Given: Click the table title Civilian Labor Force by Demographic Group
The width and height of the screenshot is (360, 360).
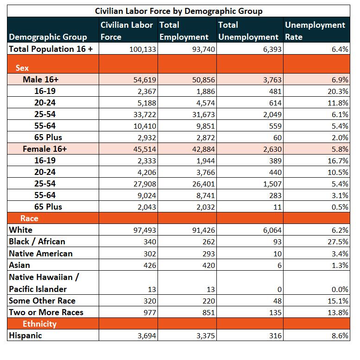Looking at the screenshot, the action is tap(179, 11).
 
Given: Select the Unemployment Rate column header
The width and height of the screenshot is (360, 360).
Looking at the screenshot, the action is tap(315, 31).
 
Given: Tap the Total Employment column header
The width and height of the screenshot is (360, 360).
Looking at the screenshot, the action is tap(183, 31).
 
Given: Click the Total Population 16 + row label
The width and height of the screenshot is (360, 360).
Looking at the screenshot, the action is tap(51, 49).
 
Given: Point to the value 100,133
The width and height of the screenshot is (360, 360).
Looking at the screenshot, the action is tap(143, 49).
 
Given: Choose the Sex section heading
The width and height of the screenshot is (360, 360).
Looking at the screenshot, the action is tap(22, 68).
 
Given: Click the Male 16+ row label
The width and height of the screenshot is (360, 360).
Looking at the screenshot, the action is tap(41, 80).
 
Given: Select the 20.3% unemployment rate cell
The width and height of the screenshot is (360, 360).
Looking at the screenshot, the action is tap(338, 91).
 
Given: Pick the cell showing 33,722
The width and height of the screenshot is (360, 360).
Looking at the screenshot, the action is tap(145, 114).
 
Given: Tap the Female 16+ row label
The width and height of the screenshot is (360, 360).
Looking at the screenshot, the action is tap(45, 149).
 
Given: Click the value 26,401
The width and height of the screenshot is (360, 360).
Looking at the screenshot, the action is tap(203, 184).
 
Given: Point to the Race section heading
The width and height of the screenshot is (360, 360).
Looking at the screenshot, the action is tap(29, 218).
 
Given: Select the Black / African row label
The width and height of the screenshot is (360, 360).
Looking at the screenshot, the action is tap(37, 242).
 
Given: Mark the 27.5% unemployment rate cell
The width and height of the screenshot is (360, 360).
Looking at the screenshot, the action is tap(338, 242).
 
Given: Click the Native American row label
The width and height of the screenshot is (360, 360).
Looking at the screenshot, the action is tap(41, 254).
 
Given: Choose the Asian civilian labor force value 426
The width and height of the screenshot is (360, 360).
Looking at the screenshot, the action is tap(150, 266).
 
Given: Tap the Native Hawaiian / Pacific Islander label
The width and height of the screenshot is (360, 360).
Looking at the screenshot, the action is tap(44, 283).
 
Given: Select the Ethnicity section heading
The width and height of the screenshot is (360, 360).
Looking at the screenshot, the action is tap(39, 324).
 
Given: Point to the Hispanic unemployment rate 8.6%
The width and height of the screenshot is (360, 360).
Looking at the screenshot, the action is tap(340, 335).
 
